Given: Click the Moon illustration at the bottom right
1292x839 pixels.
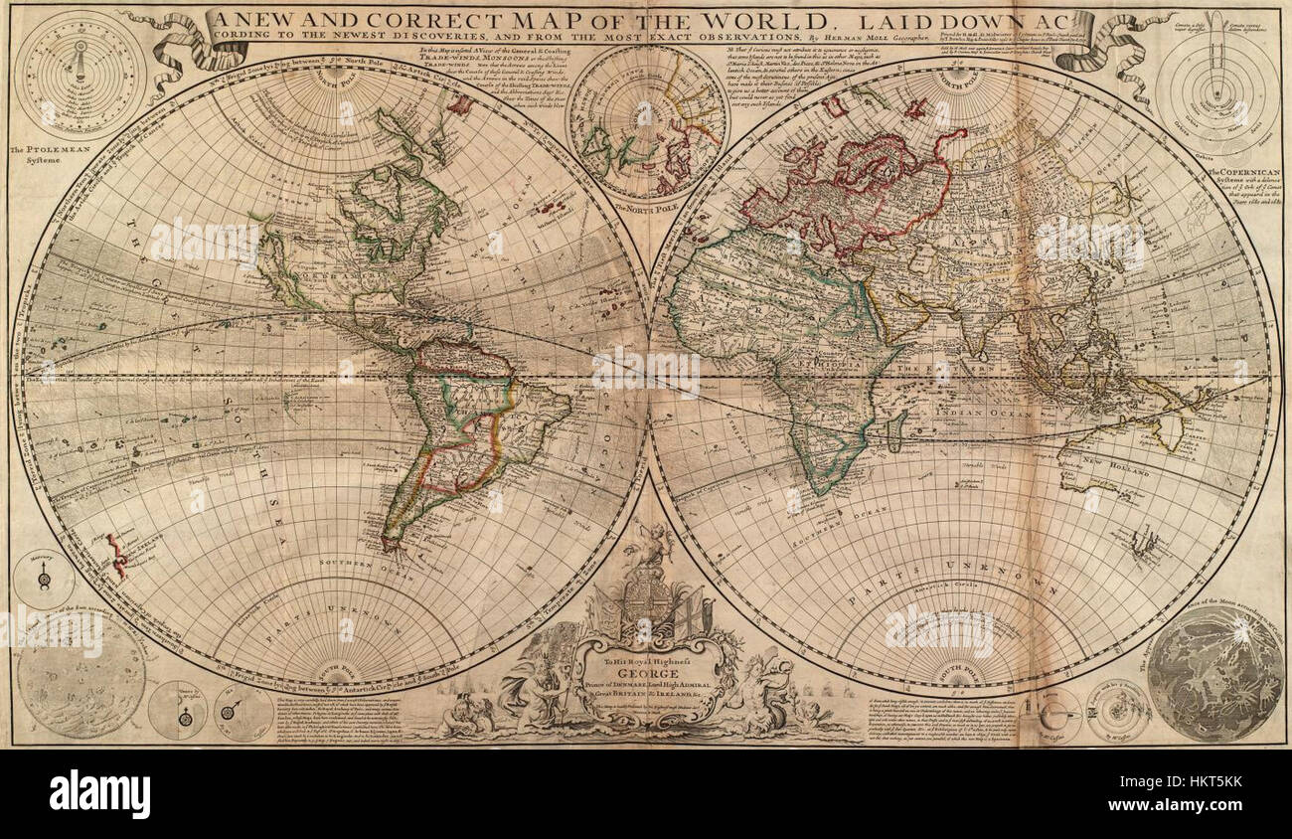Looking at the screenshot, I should click(x=1214, y=673).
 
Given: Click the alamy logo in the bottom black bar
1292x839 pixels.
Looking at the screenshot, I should click(x=99, y=794).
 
